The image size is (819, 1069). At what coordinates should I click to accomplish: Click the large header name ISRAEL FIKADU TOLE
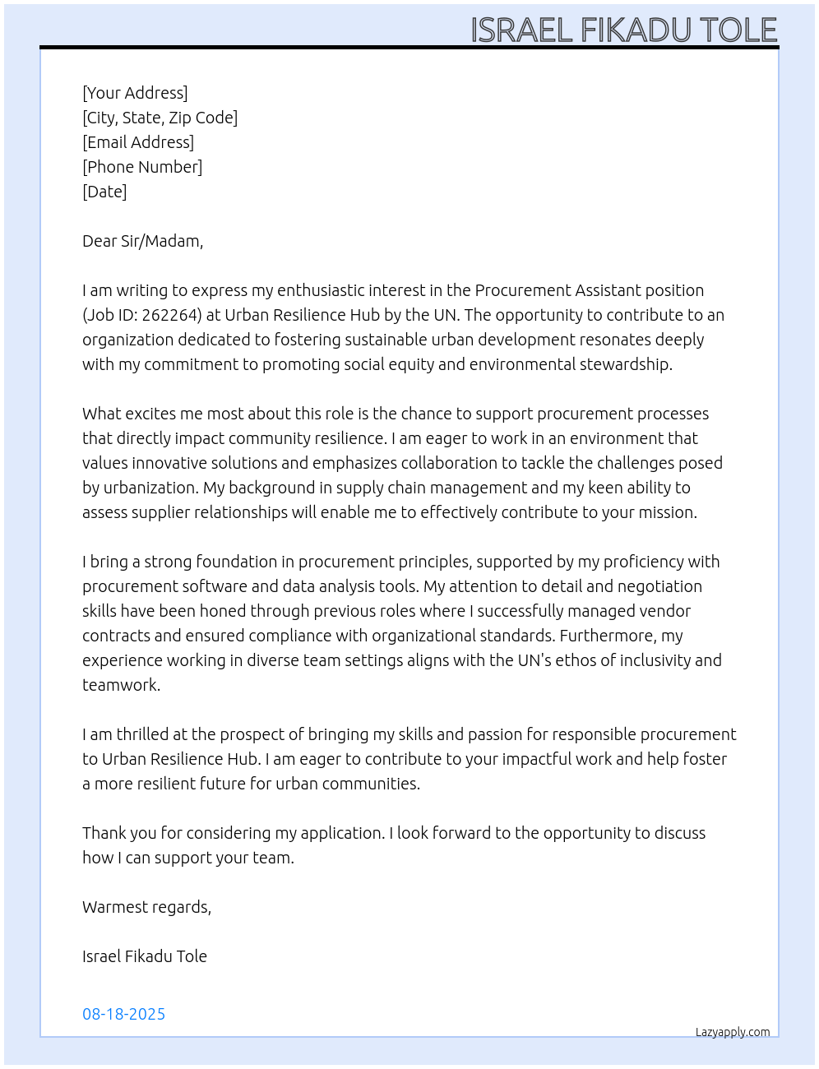[623, 30]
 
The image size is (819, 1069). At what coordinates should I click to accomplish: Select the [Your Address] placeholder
[135, 93]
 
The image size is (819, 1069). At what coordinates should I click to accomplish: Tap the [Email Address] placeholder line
[138, 142]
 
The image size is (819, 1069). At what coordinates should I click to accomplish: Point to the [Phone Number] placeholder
[142, 167]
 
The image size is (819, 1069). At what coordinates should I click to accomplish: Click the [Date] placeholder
[104, 192]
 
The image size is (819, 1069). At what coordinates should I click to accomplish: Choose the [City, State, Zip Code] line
[160, 118]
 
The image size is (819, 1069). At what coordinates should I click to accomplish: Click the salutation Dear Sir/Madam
[142, 241]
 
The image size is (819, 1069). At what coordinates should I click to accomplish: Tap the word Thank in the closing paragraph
[103, 833]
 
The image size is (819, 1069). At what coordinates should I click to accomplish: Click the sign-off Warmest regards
[146, 907]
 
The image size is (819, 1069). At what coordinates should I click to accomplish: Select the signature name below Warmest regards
[145, 956]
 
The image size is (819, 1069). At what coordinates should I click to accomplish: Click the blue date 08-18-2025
[123, 1014]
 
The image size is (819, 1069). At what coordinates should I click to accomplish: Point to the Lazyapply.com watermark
[733, 1032]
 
